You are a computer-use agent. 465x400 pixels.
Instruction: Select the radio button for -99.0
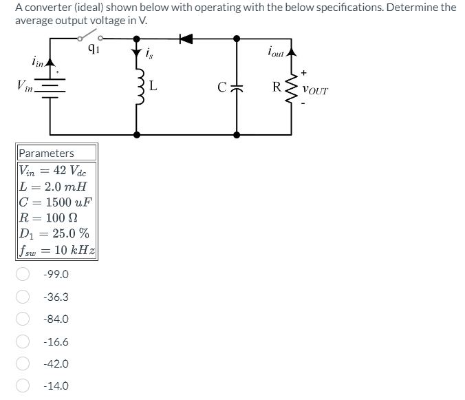tap(23, 275)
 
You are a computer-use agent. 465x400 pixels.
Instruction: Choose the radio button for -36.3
tap(23, 297)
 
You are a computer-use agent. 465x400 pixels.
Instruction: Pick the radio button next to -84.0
tap(23, 319)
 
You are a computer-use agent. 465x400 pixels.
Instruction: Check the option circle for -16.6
tap(23, 341)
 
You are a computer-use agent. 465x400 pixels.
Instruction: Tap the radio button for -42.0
tap(23, 364)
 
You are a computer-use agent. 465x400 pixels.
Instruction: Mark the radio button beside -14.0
tap(23, 386)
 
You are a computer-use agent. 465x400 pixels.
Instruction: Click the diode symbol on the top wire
tap(184, 39)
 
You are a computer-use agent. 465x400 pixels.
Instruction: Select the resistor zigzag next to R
tap(288, 87)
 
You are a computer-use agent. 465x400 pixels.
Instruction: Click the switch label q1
tap(94, 48)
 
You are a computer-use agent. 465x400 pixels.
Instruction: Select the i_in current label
tap(39, 63)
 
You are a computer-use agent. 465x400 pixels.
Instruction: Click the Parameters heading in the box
tap(46, 153)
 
